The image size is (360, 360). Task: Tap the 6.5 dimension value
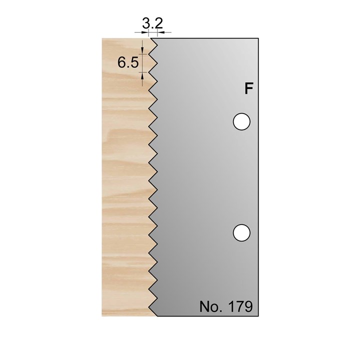127,63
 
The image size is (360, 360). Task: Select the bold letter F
248,89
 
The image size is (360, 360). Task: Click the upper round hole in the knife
241,121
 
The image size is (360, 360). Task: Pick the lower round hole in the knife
241,232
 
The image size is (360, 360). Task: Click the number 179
240,306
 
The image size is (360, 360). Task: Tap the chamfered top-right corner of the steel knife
256,39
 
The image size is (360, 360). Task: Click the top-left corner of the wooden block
102,38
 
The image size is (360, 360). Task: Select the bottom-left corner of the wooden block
102,315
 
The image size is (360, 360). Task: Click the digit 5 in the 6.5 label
133,63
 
